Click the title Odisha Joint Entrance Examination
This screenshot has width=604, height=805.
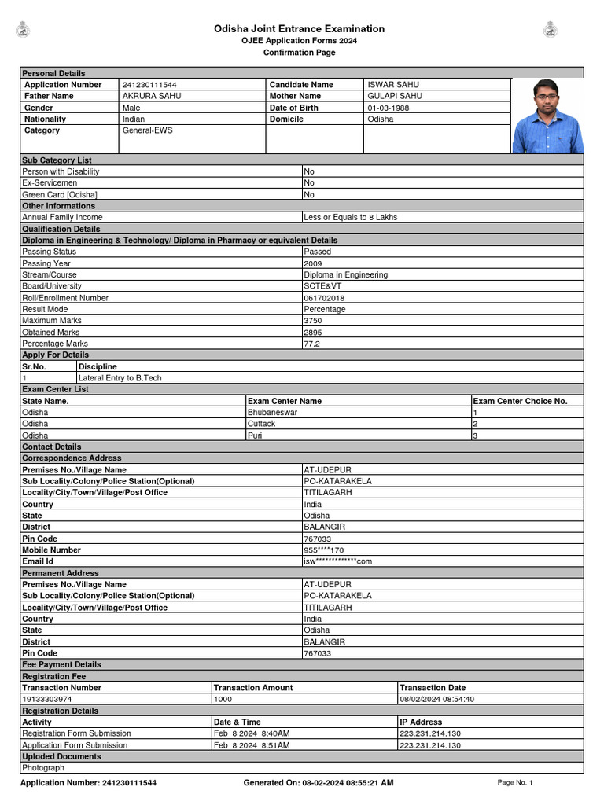tap(300, 29)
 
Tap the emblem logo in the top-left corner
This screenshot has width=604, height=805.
tap(23, 30)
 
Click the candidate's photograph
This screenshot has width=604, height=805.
tap(547, 116)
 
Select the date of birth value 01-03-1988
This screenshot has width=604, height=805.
tap(388, 108)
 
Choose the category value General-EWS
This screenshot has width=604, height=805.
tap(147, 130)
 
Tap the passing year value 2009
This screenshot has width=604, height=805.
tap(313, 263)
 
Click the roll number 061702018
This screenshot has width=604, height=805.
tap(324, 298)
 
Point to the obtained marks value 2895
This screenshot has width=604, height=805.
tap(313, 333)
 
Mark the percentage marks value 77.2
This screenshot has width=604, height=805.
tap(312, 344)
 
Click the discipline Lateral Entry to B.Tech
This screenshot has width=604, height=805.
tap(120, 378)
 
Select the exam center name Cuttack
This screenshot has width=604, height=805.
tap(262, 424)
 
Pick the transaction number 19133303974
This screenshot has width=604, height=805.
tap(47, 699)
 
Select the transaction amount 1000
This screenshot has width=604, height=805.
tap(223, 699)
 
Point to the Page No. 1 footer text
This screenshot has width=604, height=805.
tap(515, 783)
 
